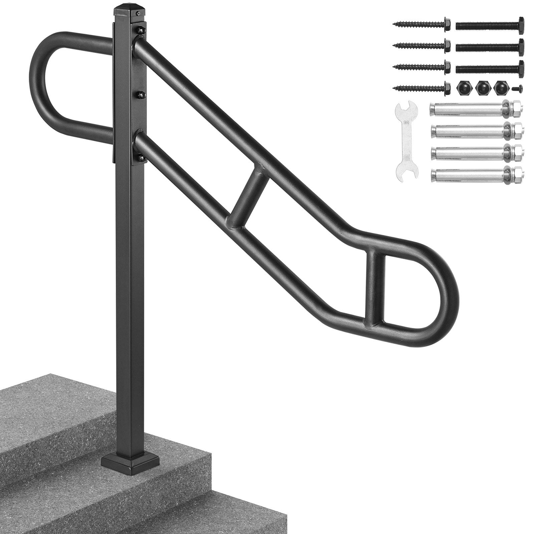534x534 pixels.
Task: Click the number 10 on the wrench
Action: pos(406,122)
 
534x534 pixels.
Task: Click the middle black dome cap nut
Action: pos(481,88)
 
